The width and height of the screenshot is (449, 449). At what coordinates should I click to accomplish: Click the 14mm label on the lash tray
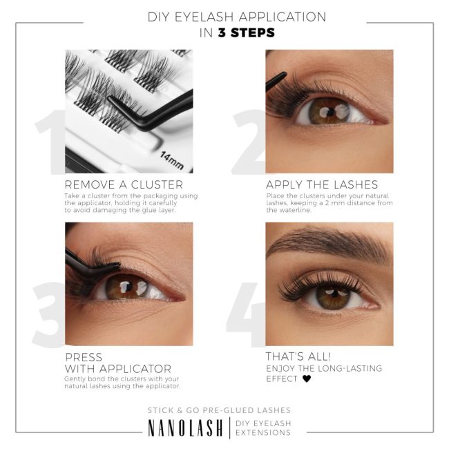[172, 160]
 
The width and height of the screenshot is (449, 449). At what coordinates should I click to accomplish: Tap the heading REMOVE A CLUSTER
[124, 184]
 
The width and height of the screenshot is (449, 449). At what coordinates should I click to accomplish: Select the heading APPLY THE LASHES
[322, 184]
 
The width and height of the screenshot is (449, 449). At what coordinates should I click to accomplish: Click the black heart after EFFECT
[307, 379]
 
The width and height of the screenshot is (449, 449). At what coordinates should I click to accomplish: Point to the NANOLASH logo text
[185, 428]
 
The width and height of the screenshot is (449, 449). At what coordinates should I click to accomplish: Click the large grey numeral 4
[246, 314]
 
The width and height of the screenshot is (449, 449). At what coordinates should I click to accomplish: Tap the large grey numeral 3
[48, 314]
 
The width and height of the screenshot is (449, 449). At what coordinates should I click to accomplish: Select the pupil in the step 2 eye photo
[330, 112]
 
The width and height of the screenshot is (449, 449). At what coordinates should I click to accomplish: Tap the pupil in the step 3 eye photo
[129, 287]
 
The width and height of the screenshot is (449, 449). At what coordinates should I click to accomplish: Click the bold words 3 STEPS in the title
[247, 32]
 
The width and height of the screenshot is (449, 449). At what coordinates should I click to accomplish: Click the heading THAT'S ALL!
[298, 356]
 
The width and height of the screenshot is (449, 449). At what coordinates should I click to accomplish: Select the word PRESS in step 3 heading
[84, 357]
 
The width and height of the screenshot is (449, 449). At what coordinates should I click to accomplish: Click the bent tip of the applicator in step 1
[111, 99]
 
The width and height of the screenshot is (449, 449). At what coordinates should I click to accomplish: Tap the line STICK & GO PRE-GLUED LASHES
[219, 410]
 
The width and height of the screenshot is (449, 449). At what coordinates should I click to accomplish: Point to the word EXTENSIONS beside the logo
[263, 432]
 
